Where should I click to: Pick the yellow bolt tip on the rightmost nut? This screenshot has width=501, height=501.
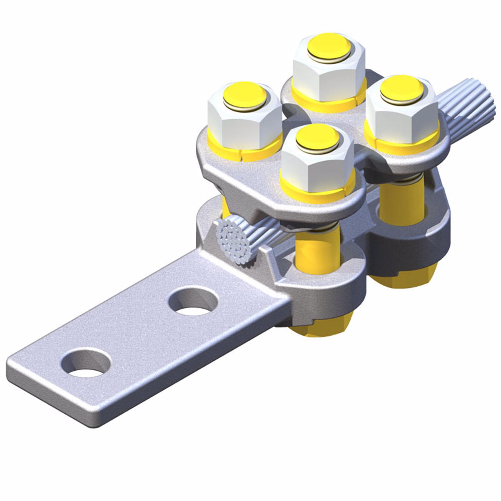tap(400, 89)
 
